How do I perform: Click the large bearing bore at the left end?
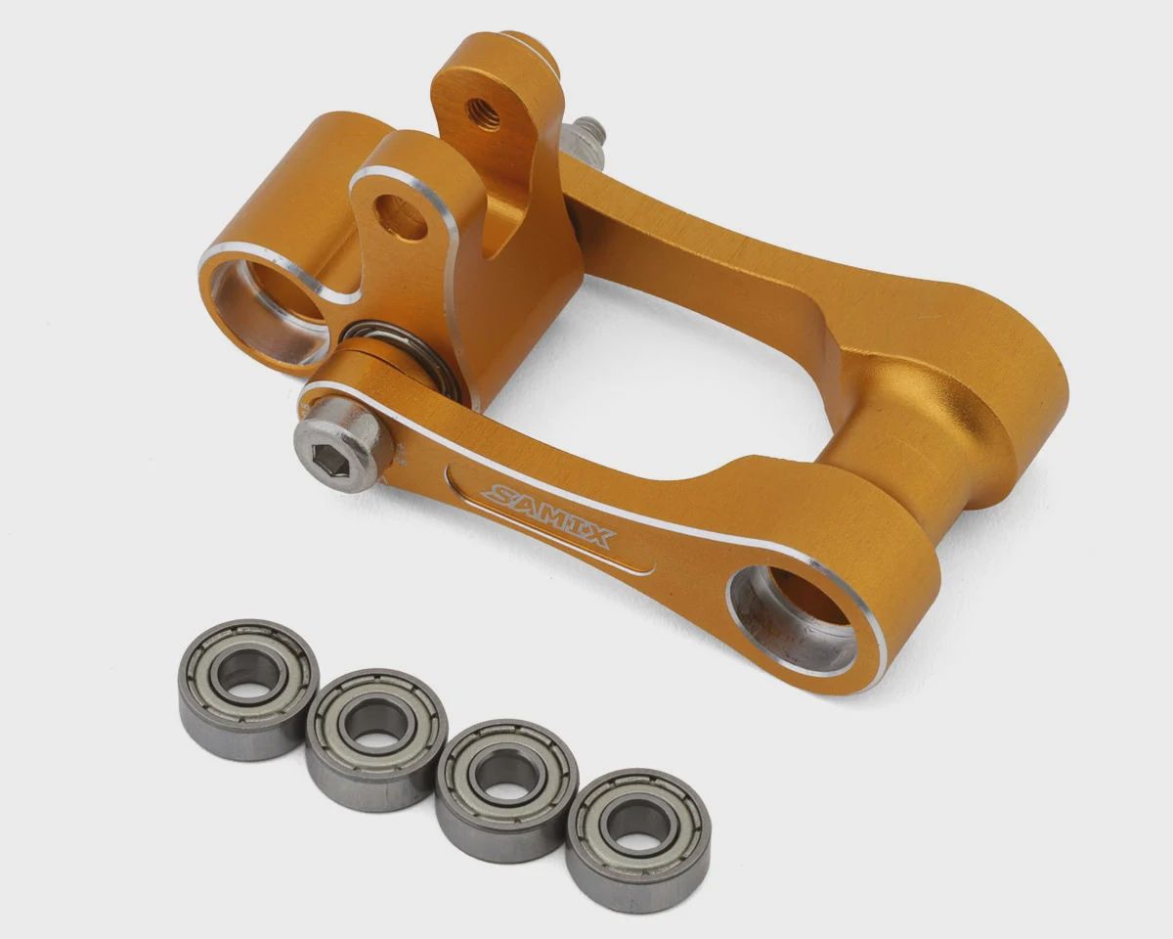coord(272,306)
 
